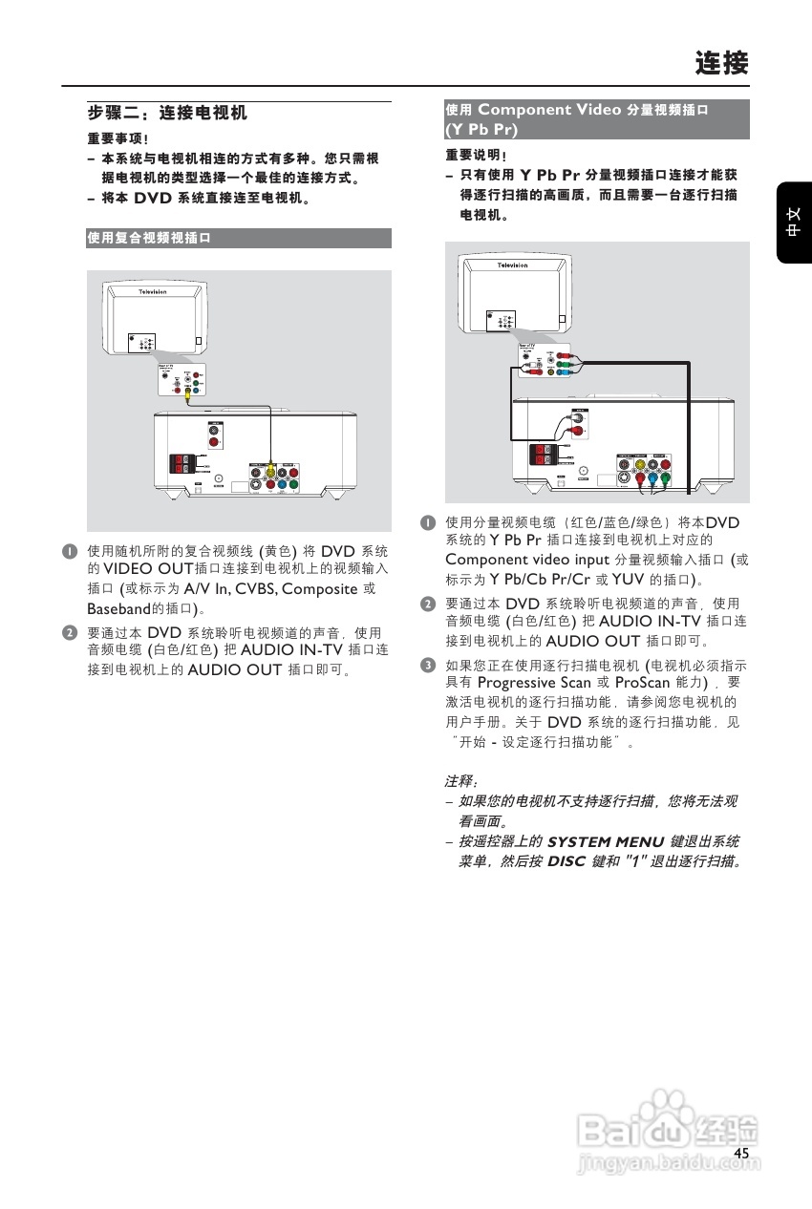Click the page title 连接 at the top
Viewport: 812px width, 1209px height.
point(721,64)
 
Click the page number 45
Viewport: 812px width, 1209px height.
point(741,1154)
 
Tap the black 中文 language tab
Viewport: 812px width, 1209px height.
point(794,223)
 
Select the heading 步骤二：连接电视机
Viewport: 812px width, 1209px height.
point(167,114)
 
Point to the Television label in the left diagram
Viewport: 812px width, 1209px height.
point(153,290)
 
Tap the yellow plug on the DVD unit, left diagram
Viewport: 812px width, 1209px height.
point(271,469)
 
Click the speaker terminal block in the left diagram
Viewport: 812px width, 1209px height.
point(182,465)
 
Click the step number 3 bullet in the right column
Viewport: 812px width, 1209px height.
point(429,665)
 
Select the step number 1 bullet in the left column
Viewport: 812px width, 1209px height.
point(70,552)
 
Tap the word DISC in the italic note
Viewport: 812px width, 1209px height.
point(566,861)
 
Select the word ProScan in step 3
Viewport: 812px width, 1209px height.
point(642,683)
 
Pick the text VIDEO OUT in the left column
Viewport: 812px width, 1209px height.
point(148,570)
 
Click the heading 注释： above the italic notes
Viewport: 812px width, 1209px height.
point(461,782)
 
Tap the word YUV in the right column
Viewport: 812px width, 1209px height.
point(628,579)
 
